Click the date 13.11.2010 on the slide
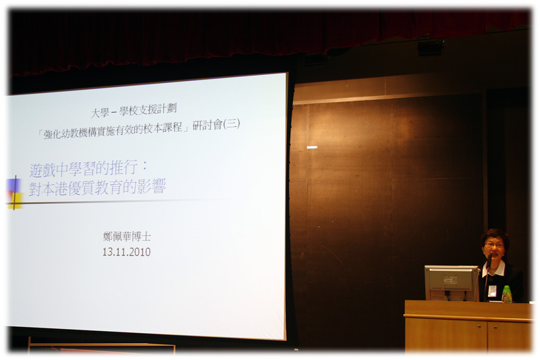click(126, 252)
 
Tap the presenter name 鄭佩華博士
click(127, 236)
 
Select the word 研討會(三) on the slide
click(216, 124)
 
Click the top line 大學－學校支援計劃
click(134, 110)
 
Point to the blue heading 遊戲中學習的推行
click(83, 169)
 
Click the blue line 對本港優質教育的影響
click(97, 187)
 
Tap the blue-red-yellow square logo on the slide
click(14, 193)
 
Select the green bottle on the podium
click(507, 294)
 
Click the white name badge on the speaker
click(492, 290)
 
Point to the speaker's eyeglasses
click(494, 245)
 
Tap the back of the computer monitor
click(451, 282)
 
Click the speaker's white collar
click(493, 269)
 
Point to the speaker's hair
click(495, 236)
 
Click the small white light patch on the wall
click(312, 147)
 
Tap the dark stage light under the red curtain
click(430, 47)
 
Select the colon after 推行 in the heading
click(144, 166)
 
